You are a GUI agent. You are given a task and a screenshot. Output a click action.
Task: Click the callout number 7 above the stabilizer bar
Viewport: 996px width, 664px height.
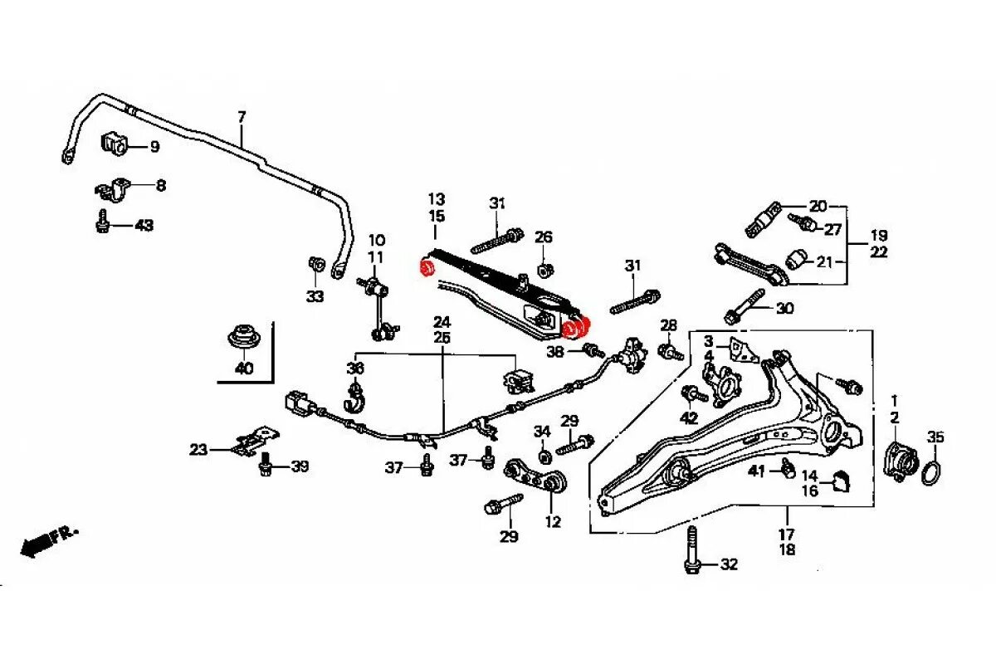[x=242, y=117]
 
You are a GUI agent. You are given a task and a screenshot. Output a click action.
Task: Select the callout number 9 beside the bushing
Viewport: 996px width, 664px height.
[x=154, y=147]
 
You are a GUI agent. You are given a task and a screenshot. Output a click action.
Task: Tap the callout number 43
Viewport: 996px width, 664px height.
[x=144, y=225]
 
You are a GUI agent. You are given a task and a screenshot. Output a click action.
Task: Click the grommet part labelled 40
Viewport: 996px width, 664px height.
[x=243, y=337]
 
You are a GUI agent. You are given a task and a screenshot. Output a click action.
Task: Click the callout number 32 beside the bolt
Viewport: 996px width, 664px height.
[x=728, y=565]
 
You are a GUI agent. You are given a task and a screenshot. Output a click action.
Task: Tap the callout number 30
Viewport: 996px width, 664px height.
[x=784, y=309]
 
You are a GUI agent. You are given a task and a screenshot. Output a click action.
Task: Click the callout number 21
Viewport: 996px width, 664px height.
[x=824, y=262]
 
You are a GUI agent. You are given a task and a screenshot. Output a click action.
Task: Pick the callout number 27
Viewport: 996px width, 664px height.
[x=832, y=229]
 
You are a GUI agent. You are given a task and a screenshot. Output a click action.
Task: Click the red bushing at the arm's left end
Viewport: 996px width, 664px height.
[x=428, y=269]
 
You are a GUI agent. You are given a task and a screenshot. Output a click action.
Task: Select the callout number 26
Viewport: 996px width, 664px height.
[x=543, y=237]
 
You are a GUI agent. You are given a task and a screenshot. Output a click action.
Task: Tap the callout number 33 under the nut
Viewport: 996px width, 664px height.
[x=315, y=296]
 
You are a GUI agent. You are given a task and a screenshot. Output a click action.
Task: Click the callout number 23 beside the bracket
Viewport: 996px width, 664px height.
[x=198, y=450]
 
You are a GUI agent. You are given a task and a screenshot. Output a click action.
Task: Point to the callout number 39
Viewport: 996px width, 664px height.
[x=299, y=466]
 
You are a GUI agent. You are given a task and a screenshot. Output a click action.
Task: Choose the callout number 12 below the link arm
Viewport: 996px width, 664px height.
[x=553, y=522]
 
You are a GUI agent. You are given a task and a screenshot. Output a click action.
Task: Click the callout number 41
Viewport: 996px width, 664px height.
[x=755, y=471]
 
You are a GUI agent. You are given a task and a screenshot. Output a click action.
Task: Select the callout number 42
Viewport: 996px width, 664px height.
[x=689, y=417]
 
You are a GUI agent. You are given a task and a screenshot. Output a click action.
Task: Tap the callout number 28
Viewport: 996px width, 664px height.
[x=669, y=325]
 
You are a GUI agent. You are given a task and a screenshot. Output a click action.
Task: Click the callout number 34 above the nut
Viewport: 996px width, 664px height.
[x=542, y=432]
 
